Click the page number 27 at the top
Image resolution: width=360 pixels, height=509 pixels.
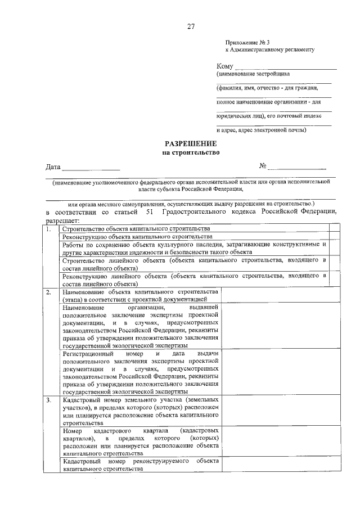pos(191,26)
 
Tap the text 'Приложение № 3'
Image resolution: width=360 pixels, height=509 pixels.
pos(244,43)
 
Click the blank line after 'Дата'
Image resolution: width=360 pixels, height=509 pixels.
pos(91,168)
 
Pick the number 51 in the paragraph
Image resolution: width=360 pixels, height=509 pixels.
pos(149,211)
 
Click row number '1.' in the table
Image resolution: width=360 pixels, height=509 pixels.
pos(49,229)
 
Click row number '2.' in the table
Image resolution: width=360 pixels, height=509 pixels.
pos(49,292)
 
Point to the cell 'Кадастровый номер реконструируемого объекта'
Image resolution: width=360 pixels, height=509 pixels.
pos(141,464)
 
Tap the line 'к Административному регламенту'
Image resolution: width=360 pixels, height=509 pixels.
pos(269,50)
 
